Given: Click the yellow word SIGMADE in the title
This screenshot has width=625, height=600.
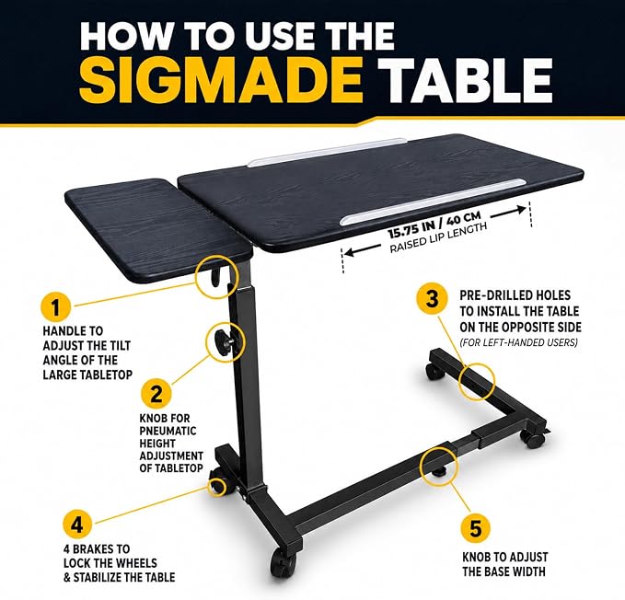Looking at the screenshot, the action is (x=221, y=81).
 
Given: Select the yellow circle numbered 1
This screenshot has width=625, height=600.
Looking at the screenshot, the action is (x=56, y=307).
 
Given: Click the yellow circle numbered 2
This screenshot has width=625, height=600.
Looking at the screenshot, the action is (x=156, y=395).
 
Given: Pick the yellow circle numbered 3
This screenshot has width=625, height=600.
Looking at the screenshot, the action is (x=432, y=299).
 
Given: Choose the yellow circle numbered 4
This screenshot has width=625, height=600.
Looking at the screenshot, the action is (x=77, y=525).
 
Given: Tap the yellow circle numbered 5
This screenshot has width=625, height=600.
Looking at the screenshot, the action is (x=476, y=529).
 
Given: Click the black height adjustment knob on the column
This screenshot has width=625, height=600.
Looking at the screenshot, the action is (x=223, y=340).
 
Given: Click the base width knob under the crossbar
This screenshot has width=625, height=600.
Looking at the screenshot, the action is (x=439, y=472).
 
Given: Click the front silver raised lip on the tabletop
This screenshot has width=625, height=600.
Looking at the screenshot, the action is (x=434, y=202).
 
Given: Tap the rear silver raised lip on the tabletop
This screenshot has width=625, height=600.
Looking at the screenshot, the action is (x=327, y=153).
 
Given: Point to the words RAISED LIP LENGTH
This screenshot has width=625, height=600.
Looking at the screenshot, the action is (x=438, y=237).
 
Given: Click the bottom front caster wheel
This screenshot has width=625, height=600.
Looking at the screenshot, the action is (x=284, y=561).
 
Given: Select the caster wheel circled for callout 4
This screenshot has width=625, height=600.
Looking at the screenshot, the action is (x=218, y=485).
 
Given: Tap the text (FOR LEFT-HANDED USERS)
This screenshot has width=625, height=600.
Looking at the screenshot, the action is (x=518, y=342).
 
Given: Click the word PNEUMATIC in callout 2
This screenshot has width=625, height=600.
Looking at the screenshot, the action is (x=168, y=431).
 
